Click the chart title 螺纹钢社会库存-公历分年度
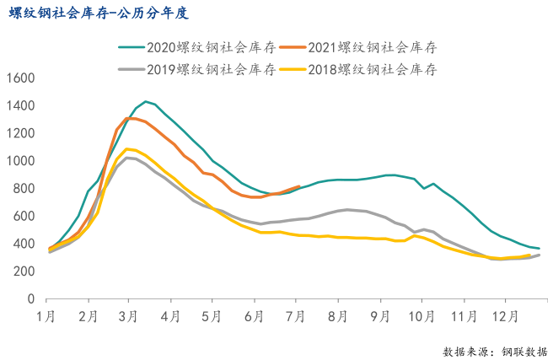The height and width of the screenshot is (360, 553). point(99,13)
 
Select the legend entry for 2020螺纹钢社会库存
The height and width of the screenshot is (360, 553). point(195,47)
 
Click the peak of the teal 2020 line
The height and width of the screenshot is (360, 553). point(146,101)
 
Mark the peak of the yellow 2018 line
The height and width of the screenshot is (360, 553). point(126,149)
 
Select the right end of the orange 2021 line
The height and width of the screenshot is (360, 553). point(299,186)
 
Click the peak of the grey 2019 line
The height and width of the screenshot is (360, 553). point(126,158)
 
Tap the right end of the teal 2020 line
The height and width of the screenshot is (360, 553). point(539,248)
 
